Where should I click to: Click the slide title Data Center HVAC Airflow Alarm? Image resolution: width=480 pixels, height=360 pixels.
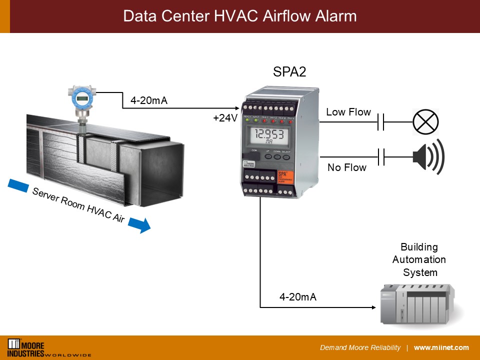pos(240,16)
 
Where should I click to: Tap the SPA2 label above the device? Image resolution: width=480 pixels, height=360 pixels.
pos(289,72)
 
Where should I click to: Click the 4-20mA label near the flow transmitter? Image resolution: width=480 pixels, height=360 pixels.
pos(149,101)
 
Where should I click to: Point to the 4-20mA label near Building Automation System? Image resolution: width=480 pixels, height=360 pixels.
pos(298,297)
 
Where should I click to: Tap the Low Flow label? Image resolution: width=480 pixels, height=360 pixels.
pos(348,112)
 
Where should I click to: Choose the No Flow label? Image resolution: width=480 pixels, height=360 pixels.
pos(347,167)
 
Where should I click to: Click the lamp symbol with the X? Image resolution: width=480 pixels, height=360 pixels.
pos(425,121)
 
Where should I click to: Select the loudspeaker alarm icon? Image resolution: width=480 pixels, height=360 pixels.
pos(428,156)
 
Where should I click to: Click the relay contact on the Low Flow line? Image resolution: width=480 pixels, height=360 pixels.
pos(380,121)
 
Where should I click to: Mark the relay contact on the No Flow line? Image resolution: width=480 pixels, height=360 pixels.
pos(380,156)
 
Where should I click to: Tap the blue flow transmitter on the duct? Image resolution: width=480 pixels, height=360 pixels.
pos(81,99)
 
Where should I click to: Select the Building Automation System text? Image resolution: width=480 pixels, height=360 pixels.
pos(419,260)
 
